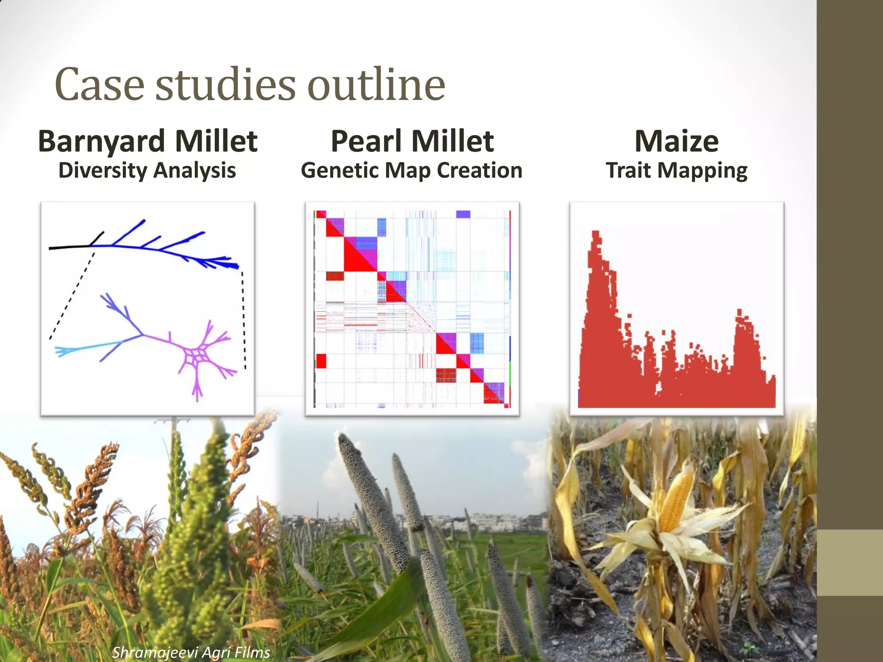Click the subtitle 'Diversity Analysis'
click(147, 170)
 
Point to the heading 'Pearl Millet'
click(412, 141)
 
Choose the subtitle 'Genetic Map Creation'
click(411, 170)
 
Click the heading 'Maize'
click(676, 141)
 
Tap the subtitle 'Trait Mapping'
click(676, 171)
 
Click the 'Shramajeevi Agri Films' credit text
click(191, 652)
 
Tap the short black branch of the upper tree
click(97, 238)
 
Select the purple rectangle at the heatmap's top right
click(463, 214)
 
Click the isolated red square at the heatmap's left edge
click(321, 361)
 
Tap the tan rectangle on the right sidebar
click(850, 562)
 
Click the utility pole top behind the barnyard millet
click(173, 420)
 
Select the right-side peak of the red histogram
click(740, 314)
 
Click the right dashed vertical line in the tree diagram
click(244, 319)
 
